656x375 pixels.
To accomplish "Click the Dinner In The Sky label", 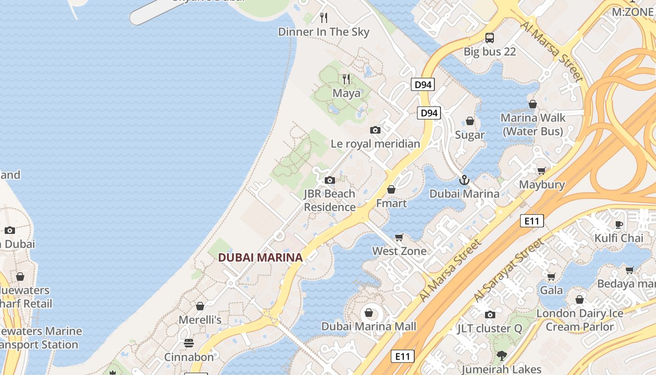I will point(324,32).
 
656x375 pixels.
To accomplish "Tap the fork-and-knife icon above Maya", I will point(346,79).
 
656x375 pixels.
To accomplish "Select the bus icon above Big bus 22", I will point(490,38).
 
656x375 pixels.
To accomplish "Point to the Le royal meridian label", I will point(375,144).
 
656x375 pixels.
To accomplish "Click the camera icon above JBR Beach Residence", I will point(330,180).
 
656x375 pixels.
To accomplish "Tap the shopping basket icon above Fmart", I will point(391,190).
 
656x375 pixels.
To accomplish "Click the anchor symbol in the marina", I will point(464,180).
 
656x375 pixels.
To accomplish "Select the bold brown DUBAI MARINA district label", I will point(260,257).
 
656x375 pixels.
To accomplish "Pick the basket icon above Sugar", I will point(470,121).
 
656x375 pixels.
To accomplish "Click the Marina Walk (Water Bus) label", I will point(533,124).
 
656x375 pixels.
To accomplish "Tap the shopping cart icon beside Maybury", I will point(542,171).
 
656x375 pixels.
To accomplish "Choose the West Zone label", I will point(399,251).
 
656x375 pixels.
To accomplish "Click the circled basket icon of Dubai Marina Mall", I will point(369,313).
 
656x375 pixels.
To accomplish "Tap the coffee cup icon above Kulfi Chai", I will point(619,225).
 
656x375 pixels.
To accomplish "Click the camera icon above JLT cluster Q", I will point(490,315).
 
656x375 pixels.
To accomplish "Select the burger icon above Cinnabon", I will point(189,343).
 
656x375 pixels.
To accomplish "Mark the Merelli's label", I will point(200,320).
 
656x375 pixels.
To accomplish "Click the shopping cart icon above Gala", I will point(552,277).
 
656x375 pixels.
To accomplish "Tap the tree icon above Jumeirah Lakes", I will point(502,355).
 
